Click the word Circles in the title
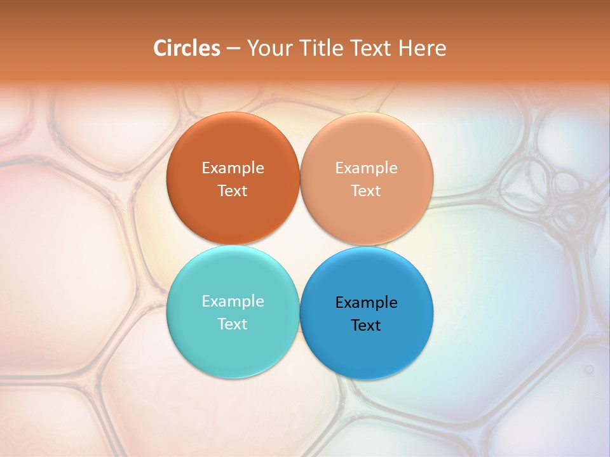[186, 48]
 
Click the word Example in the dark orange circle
[233, 168]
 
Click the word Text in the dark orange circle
[233, 190]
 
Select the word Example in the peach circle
[367, 168]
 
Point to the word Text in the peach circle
[367, 190]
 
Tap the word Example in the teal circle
[233, 301]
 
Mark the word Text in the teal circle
[233, 324]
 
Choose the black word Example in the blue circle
[367, 302]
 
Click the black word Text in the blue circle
[367, 325]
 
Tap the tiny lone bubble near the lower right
[589, 369]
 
